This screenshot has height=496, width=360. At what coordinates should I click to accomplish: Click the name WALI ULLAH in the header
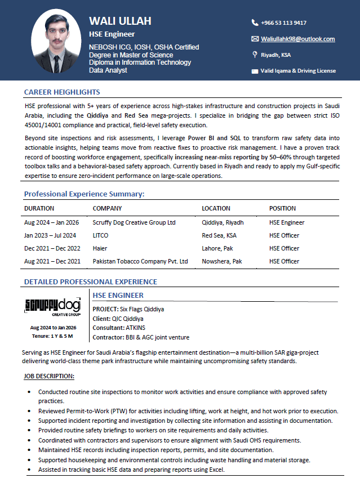[x=120, y=21]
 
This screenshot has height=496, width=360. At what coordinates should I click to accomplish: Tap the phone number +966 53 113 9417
[x=283, y=23]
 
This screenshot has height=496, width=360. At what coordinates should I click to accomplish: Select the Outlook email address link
[x=297, y=39]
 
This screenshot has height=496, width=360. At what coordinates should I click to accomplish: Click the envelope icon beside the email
[x=255, y=39]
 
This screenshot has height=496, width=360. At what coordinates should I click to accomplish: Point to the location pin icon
[x=255, y=55]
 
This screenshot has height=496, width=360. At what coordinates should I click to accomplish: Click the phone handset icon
[x=255, y=23]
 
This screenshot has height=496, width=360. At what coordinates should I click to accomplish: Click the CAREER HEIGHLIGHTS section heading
[x=62, y=92]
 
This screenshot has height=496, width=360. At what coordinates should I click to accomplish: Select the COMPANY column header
[x=107, y=208]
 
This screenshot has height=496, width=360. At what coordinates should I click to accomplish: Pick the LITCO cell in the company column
[x=100, y=235]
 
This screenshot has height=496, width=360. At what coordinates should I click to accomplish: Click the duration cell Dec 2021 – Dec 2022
[x=52, y=248]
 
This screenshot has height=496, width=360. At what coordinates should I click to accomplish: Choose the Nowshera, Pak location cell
[x=222, y=261]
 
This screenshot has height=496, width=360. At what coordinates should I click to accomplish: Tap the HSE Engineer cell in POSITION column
[x=287, y=222]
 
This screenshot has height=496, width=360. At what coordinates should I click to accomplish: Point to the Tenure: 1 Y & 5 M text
[x=52, y=336]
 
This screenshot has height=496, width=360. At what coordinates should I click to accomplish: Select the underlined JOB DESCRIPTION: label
[x=49, y=376]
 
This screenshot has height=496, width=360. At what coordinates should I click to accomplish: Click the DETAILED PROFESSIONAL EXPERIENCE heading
[x=90, y=281]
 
